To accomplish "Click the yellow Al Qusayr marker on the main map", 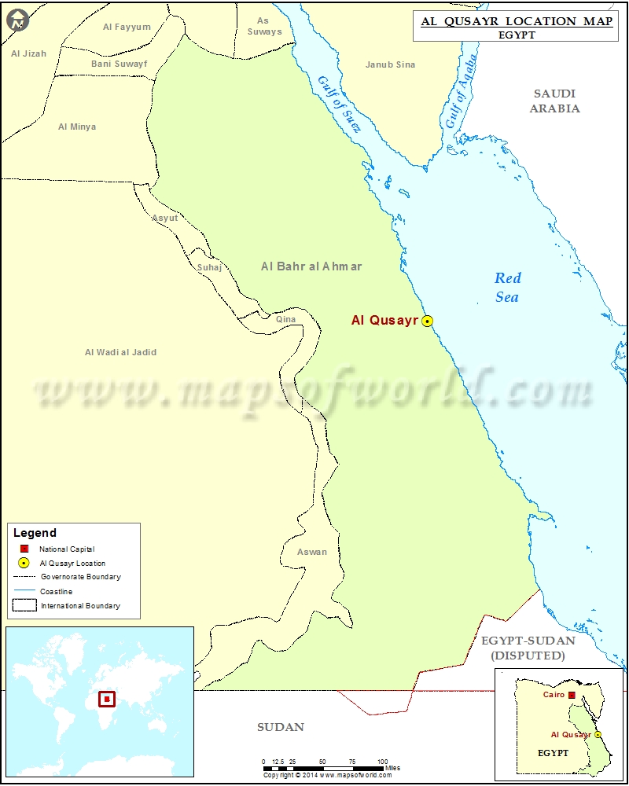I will [427, 321].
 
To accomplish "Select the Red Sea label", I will [507, 287].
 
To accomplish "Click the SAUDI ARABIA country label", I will [554, 101].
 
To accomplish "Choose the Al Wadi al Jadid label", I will [120, 352].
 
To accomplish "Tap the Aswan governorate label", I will [312, 552].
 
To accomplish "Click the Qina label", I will [285, 320].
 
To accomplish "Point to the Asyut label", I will [164, 218].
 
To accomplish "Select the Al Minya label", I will [77, 127].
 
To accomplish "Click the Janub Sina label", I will [390, 64].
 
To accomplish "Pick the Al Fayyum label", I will [127, 27].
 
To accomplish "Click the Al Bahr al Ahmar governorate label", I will [311, 266].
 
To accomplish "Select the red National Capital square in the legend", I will [24, 549].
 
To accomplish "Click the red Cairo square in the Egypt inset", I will [572, 695].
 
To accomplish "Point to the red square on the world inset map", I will [106, 698].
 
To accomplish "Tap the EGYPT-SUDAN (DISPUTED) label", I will [528, 648].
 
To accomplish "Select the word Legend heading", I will [35, 533].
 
